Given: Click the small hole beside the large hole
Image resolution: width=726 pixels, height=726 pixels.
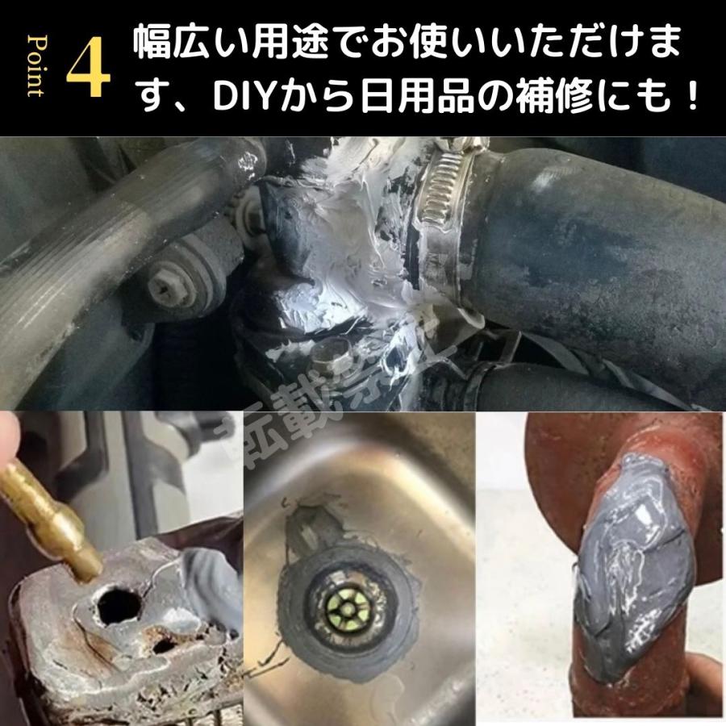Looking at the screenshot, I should click(166, 646).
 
